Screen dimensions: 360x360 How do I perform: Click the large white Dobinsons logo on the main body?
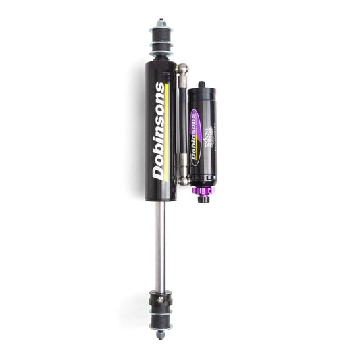[x=159, y=130]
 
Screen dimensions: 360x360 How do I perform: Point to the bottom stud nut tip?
[x=160, y=335]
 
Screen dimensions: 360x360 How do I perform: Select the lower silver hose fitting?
[x=183, y=172]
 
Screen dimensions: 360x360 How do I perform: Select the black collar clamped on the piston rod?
[x=161, y=297]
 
